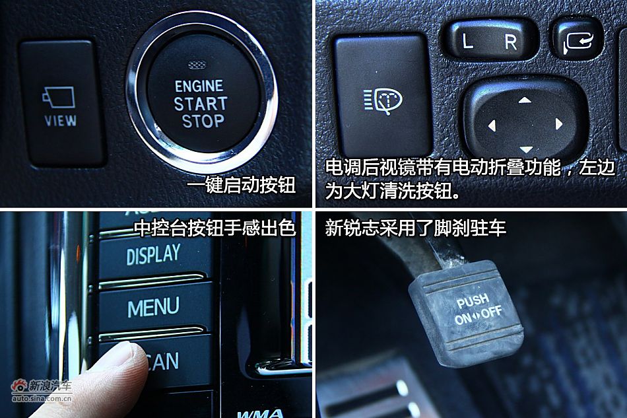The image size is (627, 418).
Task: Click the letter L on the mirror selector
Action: [467, 42]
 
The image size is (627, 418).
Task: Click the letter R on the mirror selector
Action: [511, 42]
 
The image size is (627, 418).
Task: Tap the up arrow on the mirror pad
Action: [525, 100]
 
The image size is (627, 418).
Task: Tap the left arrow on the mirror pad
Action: [491, 124]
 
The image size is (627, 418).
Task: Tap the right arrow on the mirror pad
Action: [558, 123]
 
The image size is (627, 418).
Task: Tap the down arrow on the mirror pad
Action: [525, 149]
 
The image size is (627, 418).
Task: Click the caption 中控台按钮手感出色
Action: [214, 228]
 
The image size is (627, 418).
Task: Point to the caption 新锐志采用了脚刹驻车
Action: [416, 228]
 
